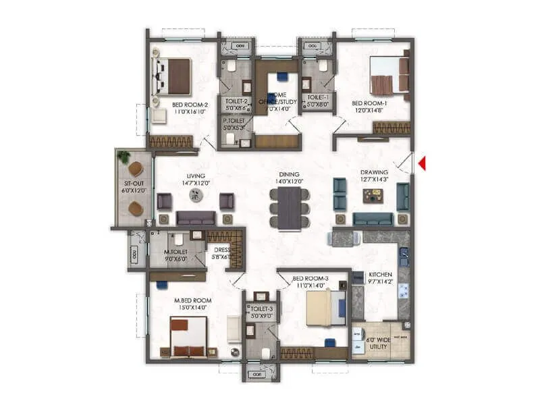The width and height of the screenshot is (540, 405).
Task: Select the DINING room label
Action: point(290,178)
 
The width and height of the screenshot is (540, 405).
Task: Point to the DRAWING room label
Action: point(374,175)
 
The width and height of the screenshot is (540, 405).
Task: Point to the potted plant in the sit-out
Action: point(124,157)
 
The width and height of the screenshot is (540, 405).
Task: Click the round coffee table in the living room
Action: point(196,195)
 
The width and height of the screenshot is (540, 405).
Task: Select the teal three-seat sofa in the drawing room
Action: point(373,219)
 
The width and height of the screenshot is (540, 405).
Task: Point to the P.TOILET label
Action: point(236,123)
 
